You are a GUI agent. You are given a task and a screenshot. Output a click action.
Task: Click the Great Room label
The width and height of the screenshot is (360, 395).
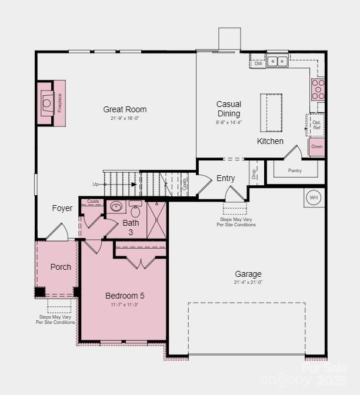125,109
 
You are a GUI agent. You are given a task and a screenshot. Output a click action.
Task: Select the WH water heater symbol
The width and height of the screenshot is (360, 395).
314,197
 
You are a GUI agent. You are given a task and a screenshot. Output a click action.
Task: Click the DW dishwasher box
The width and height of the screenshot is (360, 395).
258,63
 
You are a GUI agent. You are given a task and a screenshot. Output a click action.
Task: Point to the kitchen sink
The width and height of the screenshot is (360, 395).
277,61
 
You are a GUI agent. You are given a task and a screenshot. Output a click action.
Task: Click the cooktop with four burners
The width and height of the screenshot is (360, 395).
318,89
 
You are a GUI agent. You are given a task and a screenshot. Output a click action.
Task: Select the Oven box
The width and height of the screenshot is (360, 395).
316,147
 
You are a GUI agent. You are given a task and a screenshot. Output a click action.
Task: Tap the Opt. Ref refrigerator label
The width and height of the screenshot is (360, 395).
316,125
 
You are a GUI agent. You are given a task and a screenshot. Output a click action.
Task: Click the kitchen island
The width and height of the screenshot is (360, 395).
271,113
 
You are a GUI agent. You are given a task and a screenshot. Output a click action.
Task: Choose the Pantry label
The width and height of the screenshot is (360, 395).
295,170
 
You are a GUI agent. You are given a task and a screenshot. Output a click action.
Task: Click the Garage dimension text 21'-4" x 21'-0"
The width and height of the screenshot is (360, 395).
248,282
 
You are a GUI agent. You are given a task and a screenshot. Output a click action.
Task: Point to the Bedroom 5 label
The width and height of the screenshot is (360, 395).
124,296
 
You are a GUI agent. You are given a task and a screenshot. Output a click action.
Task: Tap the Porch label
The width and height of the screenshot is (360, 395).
61,267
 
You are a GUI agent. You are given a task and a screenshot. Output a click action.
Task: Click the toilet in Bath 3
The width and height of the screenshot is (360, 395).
135,210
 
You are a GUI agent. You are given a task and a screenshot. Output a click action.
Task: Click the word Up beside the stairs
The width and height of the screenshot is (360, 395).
96,184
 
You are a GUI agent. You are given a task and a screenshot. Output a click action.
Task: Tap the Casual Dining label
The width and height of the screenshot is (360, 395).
229,109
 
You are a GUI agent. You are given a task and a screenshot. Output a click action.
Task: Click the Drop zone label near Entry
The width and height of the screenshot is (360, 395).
254,173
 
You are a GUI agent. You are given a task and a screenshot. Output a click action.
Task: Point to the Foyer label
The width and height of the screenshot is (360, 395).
62,208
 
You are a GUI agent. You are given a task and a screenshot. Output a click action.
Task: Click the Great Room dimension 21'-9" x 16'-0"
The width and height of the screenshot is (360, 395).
125,118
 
